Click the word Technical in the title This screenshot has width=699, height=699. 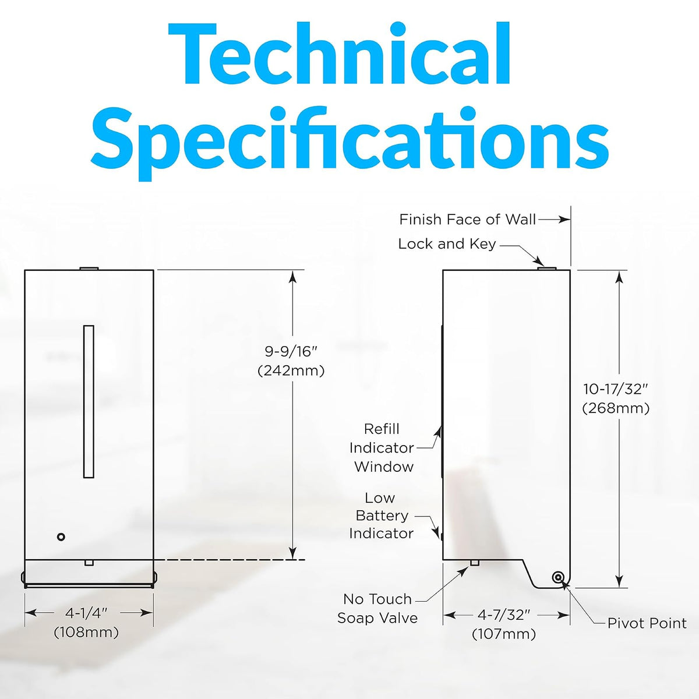point(340,54)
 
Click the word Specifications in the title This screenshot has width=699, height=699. point(349,143)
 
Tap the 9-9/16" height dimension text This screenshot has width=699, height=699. point(291,351)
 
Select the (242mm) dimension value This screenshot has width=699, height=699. point(291,370)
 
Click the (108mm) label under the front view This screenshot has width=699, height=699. point(86,633)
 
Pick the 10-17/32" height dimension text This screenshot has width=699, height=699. point(616,389)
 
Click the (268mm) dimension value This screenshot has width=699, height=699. point(616,408)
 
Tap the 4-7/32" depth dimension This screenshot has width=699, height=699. point(504,615)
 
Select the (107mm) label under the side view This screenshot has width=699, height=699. point(504,634)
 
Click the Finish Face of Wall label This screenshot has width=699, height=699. point(468,220)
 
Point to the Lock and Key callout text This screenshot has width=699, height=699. point(447,244)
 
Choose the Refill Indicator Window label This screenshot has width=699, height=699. point(382,447)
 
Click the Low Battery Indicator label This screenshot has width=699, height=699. point(381,516)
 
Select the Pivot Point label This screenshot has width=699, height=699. point(647,623)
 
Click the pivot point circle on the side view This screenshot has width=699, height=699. point(557,577)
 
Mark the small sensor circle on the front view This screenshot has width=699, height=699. point(61,537)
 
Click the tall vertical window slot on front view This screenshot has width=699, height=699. point(89,401)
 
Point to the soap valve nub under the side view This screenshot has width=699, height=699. point(475,563)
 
